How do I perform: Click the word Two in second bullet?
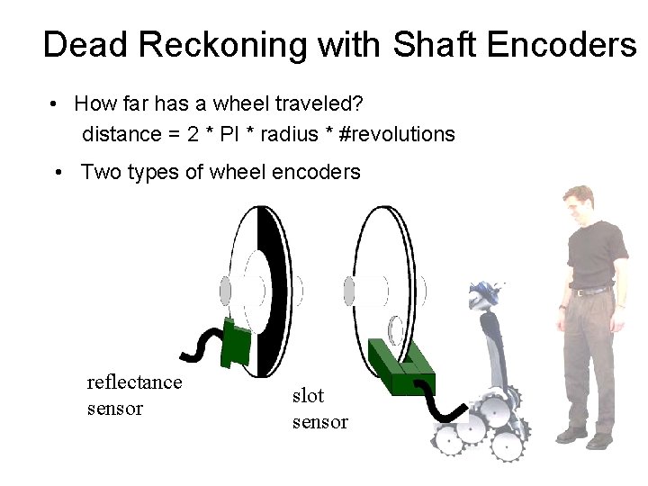coord(98,172)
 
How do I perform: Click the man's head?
coord(580,204)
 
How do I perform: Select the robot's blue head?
coord(487,292)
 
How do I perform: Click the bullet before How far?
coord(56,104)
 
